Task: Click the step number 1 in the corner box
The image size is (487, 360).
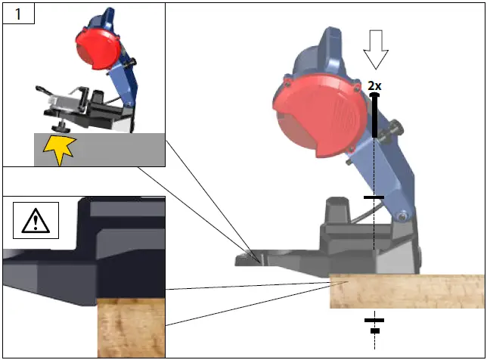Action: tap(17, 14)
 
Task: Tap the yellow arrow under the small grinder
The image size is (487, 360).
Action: tap(58, 149)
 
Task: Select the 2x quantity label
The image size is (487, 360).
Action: tap(374, 86)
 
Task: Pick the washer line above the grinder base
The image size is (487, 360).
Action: tap(374, 197)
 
